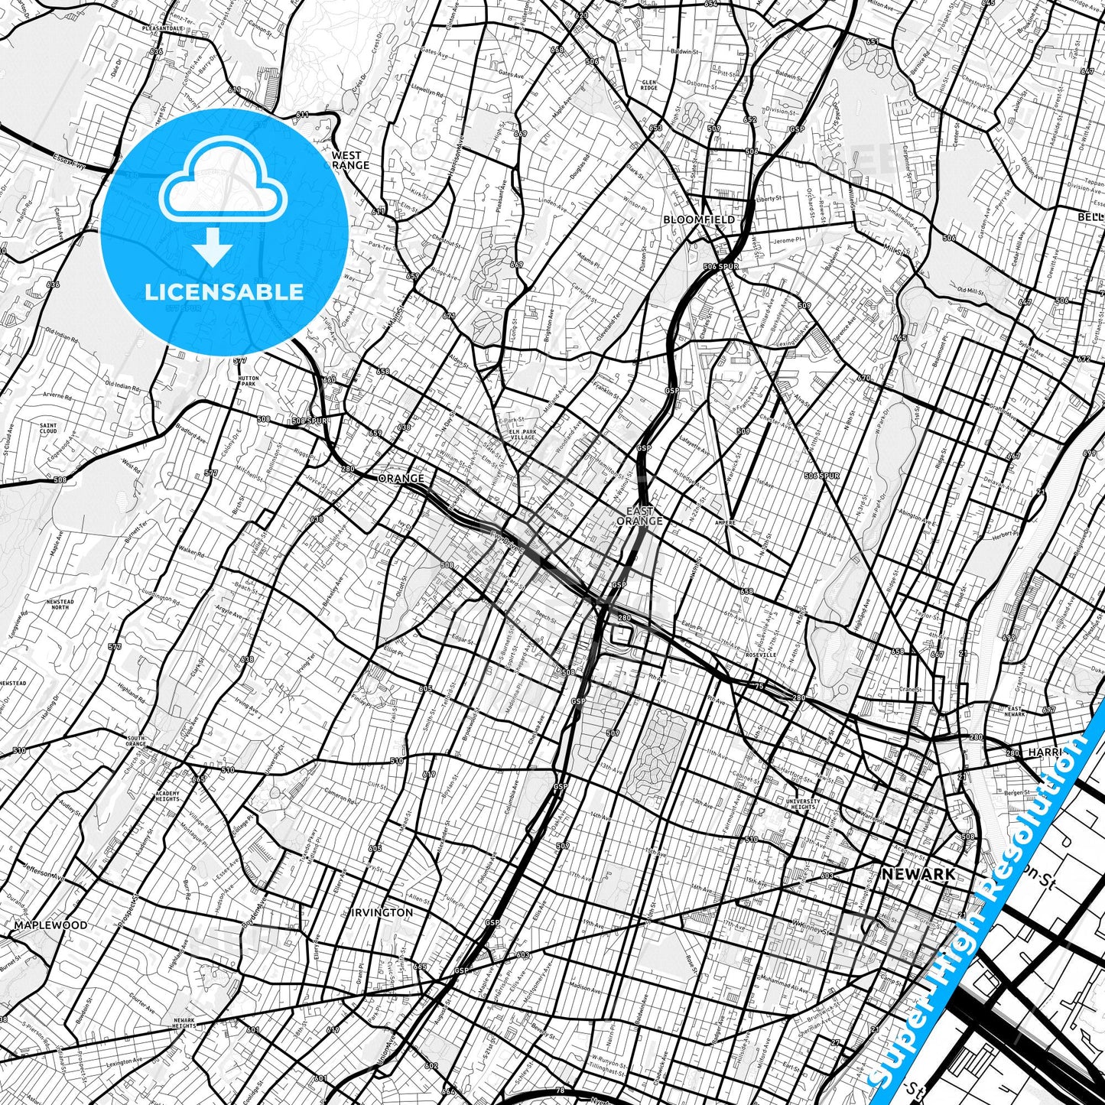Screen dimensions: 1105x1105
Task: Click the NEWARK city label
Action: (918, 873)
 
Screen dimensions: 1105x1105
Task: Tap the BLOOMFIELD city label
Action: (699, 219)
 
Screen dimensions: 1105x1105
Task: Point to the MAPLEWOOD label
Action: (50, 925)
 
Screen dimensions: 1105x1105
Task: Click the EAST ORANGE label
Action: (639, 516)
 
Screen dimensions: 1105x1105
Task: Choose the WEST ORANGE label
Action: (351, 160)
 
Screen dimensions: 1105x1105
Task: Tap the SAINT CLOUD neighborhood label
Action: (48, 428)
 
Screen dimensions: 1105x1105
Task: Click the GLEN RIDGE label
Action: (649, 85)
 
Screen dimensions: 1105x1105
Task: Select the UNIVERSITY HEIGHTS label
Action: (803, 804)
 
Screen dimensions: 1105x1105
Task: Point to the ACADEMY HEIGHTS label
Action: (167, 797)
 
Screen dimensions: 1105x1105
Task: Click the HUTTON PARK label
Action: (248, 381)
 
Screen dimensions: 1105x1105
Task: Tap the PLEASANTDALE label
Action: (162, 28)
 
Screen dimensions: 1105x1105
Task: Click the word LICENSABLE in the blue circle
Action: (224, 291)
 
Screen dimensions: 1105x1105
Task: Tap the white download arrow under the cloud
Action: (213, 247)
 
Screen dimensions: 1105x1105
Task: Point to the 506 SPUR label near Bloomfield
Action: (720, 266)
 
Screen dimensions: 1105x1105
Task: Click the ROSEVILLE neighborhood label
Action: (761, 655)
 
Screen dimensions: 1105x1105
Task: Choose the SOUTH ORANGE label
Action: (135, 740)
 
